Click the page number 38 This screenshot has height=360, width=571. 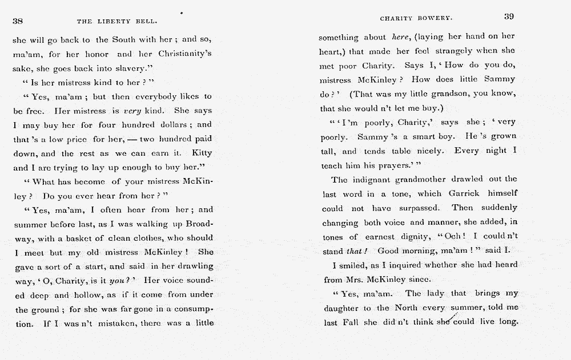click(x=17, y=21)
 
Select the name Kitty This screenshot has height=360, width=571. click(x=202, y=153)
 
